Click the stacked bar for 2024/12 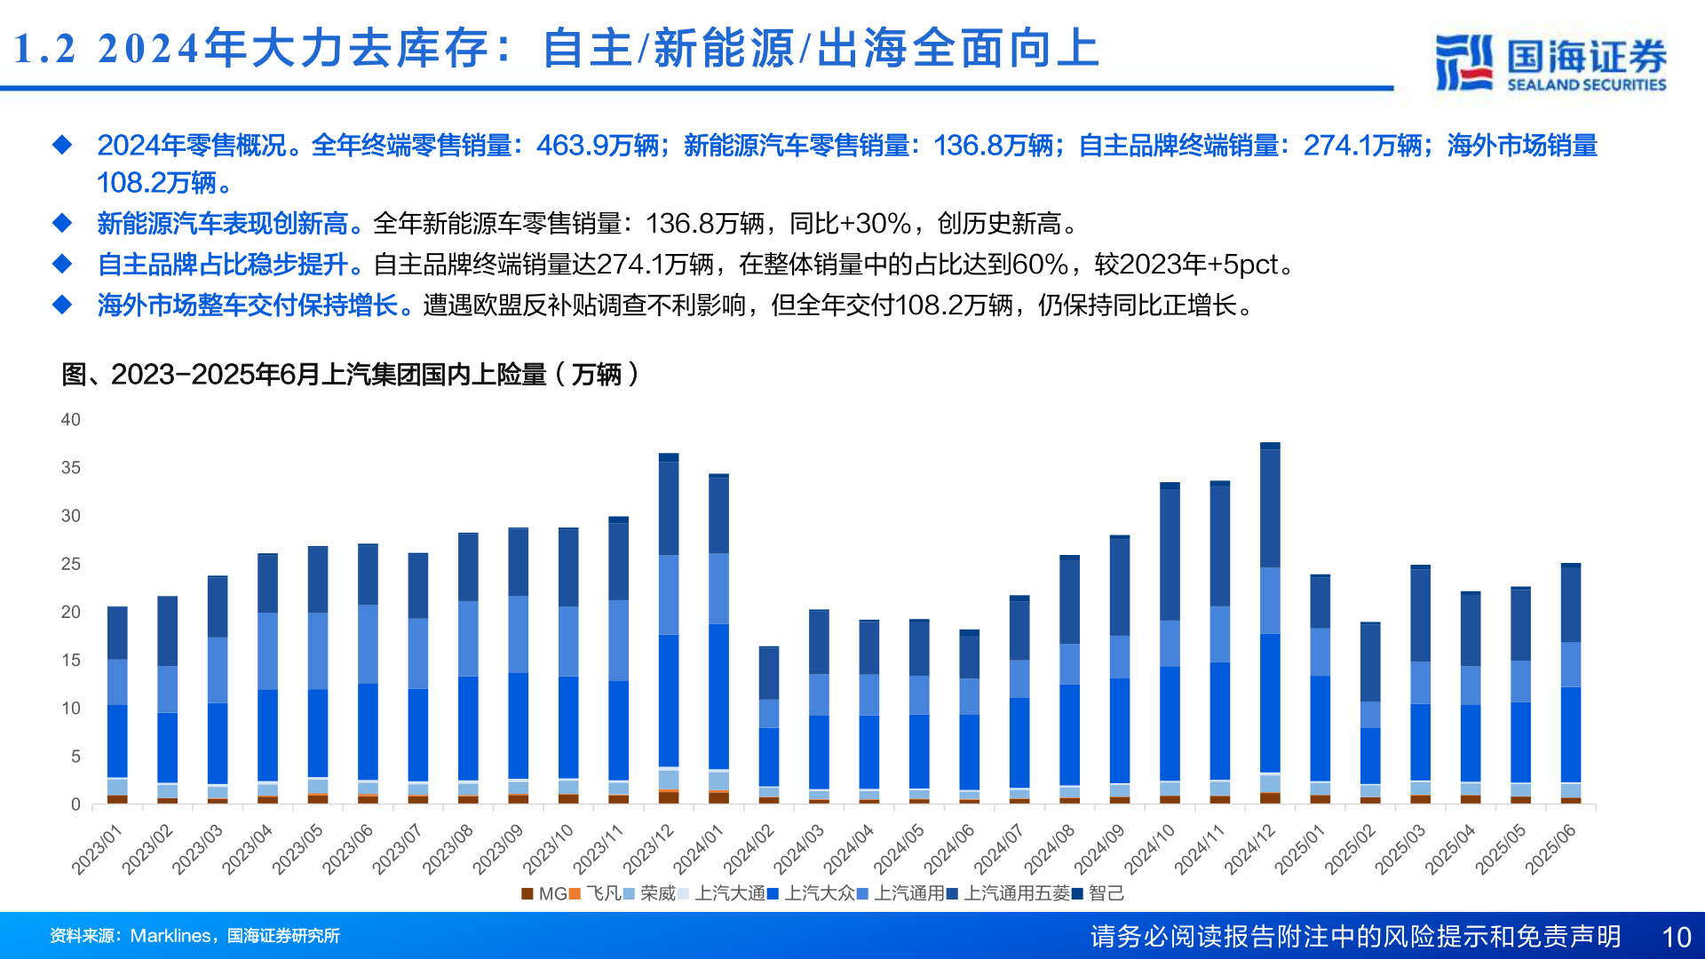[1270, 622]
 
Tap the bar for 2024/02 [769, 725]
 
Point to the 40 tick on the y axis [70, 420]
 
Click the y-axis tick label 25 [70, 564]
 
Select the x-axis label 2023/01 [97, 849]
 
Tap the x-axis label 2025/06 [1550, 849]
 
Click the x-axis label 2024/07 [999, 849]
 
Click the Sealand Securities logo [1550, 62]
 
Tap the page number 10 [1676, 937]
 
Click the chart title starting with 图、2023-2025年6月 [350, 375]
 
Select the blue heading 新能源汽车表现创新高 [222, 224]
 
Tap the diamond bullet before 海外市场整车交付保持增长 [62, 305]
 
